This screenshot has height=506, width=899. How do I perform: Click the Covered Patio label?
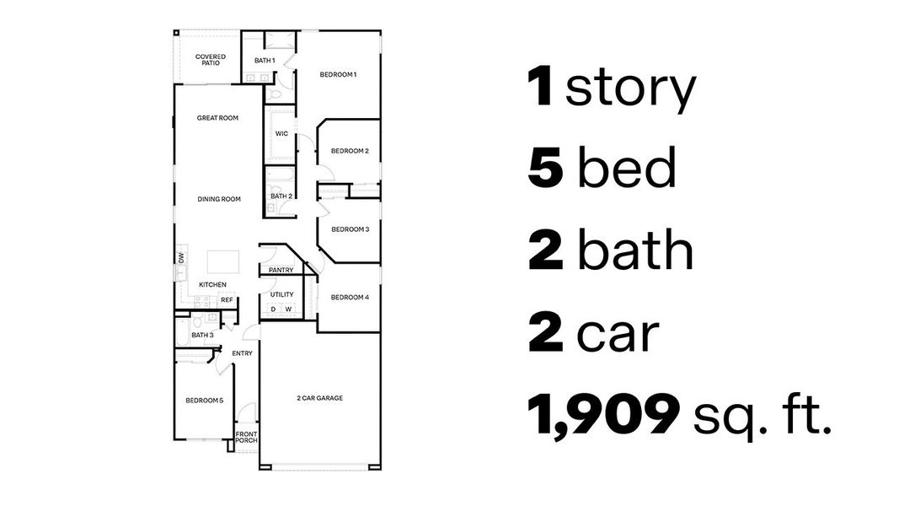pyautogui.click(x=211, y=60)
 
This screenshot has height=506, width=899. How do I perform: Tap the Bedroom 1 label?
pyautogui.click(x=338, y=75)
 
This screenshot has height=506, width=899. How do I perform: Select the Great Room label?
pyautogui.click(x=217, y=118)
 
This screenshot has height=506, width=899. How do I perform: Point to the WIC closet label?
pyautogui.click(x=281, y=134)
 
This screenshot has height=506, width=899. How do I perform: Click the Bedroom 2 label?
pyautogui.click(x=350, y=152)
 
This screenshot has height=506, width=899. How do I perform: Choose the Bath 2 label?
pyautogui.click(x=281, y=196)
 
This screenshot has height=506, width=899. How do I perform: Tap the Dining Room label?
pyautogui.click(x=219, y=200)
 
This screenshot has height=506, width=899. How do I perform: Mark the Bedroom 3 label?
pyautogui.click(x=350, y=229)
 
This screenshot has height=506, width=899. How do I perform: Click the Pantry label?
pyautogui.click(x=281, y=271)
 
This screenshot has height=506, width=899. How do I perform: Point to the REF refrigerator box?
pyautogui.click(x=227, y=299)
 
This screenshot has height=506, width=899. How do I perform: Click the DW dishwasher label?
pyautogui.click(x=181, y=258)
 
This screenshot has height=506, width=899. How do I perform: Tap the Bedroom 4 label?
pyautogui.click(x=350, y=298)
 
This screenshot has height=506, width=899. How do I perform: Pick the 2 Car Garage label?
pyautogui.click(x=319, y=398)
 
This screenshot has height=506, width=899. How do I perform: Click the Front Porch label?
pyautogui.click(x=246, y=438)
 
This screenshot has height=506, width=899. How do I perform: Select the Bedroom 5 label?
pyautogui.click(x=204, y=401)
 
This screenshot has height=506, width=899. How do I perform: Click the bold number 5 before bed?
pyautogui.click(x=545, y=169)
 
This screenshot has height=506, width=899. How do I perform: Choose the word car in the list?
pyautogui.click(x=617, y=334)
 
